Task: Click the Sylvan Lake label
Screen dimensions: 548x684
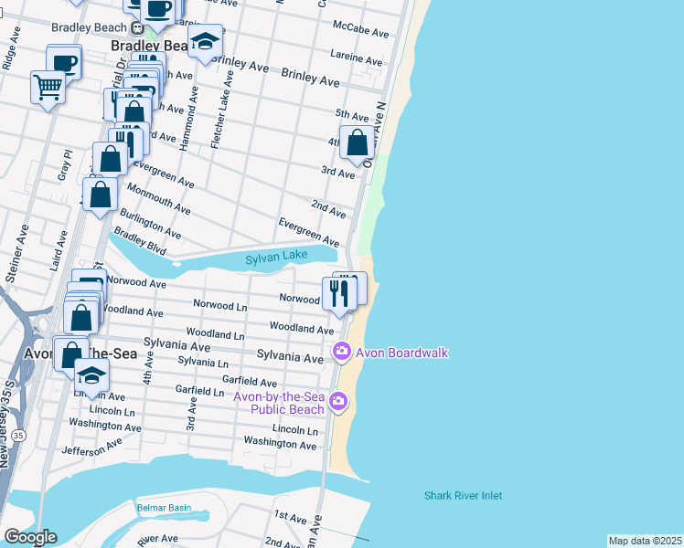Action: pos(276,257)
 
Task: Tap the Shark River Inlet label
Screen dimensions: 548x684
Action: pos(463,496)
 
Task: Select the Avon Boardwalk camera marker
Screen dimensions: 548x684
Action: pos(341,351)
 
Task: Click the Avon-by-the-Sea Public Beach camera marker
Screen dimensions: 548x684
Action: pos(338,401)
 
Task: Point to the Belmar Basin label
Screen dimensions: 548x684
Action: pos(164,508)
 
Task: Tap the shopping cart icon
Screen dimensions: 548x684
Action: pos(48,88)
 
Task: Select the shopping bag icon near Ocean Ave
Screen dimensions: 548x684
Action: pos(357,142)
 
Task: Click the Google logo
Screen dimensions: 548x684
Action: pos(30,537)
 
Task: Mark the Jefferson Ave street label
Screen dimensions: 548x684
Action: pos(91,450)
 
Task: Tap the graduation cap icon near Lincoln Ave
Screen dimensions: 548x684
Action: pos(91,374)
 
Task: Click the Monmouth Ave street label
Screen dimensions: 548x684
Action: pos(159,198)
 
